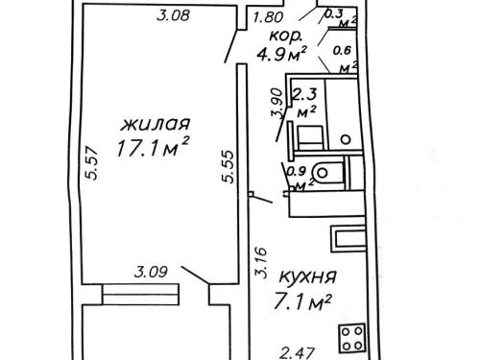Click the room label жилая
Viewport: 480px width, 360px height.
click(x=156, y=124)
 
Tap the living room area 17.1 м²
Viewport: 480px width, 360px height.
click(x=153, y=148)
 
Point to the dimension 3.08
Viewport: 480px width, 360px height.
click(x=174, y=15)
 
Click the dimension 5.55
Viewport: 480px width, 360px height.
click(x=228, y=166)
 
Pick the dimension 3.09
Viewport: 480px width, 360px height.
click(x=151, y=272)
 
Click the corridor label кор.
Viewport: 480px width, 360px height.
click(x=285, y=36)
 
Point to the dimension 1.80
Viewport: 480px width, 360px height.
click(x=268, y=17)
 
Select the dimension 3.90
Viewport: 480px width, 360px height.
click(x=276, y=104)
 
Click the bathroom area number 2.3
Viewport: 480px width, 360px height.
click(x=305, y=95)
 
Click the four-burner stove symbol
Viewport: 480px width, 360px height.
click(x=352, y=339)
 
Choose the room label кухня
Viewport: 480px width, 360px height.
click(x=308, y=276)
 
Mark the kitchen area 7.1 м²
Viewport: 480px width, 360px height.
click(x=302, y=301)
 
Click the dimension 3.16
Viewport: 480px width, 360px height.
click(x=261, y=262)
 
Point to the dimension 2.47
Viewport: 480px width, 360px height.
click(x=298, y=353)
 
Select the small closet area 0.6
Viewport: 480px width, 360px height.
click(x=343, y=50)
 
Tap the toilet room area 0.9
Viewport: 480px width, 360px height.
click(x=297, y=172)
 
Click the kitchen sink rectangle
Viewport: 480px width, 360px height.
click(x=348, y=239)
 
